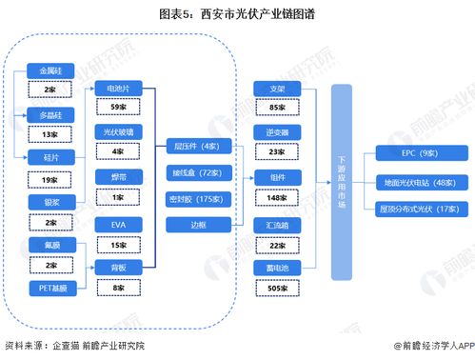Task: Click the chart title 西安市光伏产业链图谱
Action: click(x=237, y=14)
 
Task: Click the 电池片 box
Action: click(x=119, y=88)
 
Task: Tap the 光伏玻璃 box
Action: click(x=119, y=131)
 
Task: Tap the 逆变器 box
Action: click(x=279, y=131)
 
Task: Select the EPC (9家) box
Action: click(x=420, y=151)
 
